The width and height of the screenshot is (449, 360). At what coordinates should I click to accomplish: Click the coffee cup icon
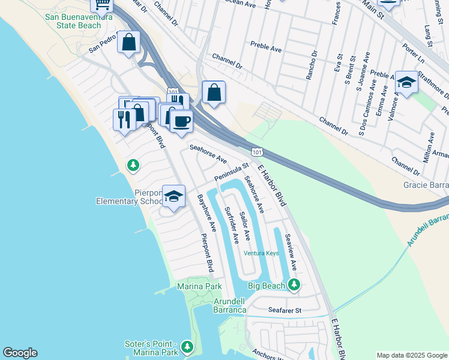(x=181, y=122)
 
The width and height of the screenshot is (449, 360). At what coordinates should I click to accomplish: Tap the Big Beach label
(x=266, y=286)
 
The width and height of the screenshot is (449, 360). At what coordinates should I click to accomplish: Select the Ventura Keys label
(x=261, y=253)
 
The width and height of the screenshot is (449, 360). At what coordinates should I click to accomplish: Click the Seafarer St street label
(x=285, y=310)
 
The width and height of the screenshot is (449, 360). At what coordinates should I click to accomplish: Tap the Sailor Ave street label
(x=244, y=226)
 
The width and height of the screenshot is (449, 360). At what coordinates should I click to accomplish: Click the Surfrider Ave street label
(x=231, y=225)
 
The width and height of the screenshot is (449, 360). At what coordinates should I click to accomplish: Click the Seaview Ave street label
(x=291, y=252)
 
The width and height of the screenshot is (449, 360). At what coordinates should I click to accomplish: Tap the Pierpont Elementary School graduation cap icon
(x=173, y=196)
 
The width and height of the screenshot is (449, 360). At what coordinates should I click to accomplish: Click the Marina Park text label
(x=199, y=287)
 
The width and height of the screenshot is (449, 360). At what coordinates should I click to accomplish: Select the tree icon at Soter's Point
(x=187, y=347)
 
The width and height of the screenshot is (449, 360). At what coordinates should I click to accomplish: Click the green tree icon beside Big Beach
(x=294, y=284)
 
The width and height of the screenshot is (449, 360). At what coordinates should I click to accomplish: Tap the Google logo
(x=20, y=353)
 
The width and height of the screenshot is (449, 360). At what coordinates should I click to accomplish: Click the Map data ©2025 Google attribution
(x=412, y=355)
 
